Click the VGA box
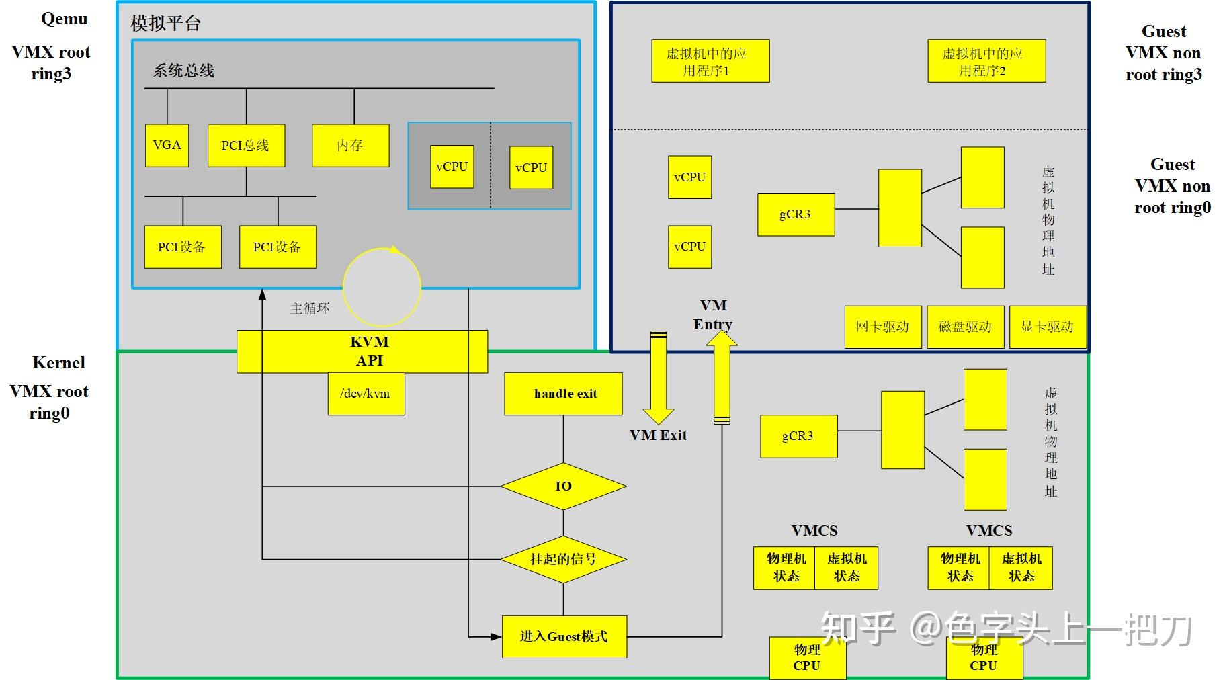coord(167,145)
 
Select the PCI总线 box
coord(246,145)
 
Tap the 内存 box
coord(350,145)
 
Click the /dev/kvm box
coord(366,394)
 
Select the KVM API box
coord(362,351)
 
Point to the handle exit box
coord(563,394)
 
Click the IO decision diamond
coord(563,486)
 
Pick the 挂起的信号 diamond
coord(563,559)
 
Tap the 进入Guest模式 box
coord(564,636)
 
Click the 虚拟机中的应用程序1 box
coord(710,61)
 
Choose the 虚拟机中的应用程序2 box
coord(986,61)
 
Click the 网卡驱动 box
coord(883,327)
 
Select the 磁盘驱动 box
coord(966,327)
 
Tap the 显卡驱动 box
coord(1048,327)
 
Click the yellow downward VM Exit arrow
coord(659,376)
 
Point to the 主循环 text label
coord(310,308)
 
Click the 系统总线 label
coord(183,71)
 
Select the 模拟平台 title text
coord(165,24)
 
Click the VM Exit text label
coord(659,435)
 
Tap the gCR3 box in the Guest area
coord(796,214)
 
